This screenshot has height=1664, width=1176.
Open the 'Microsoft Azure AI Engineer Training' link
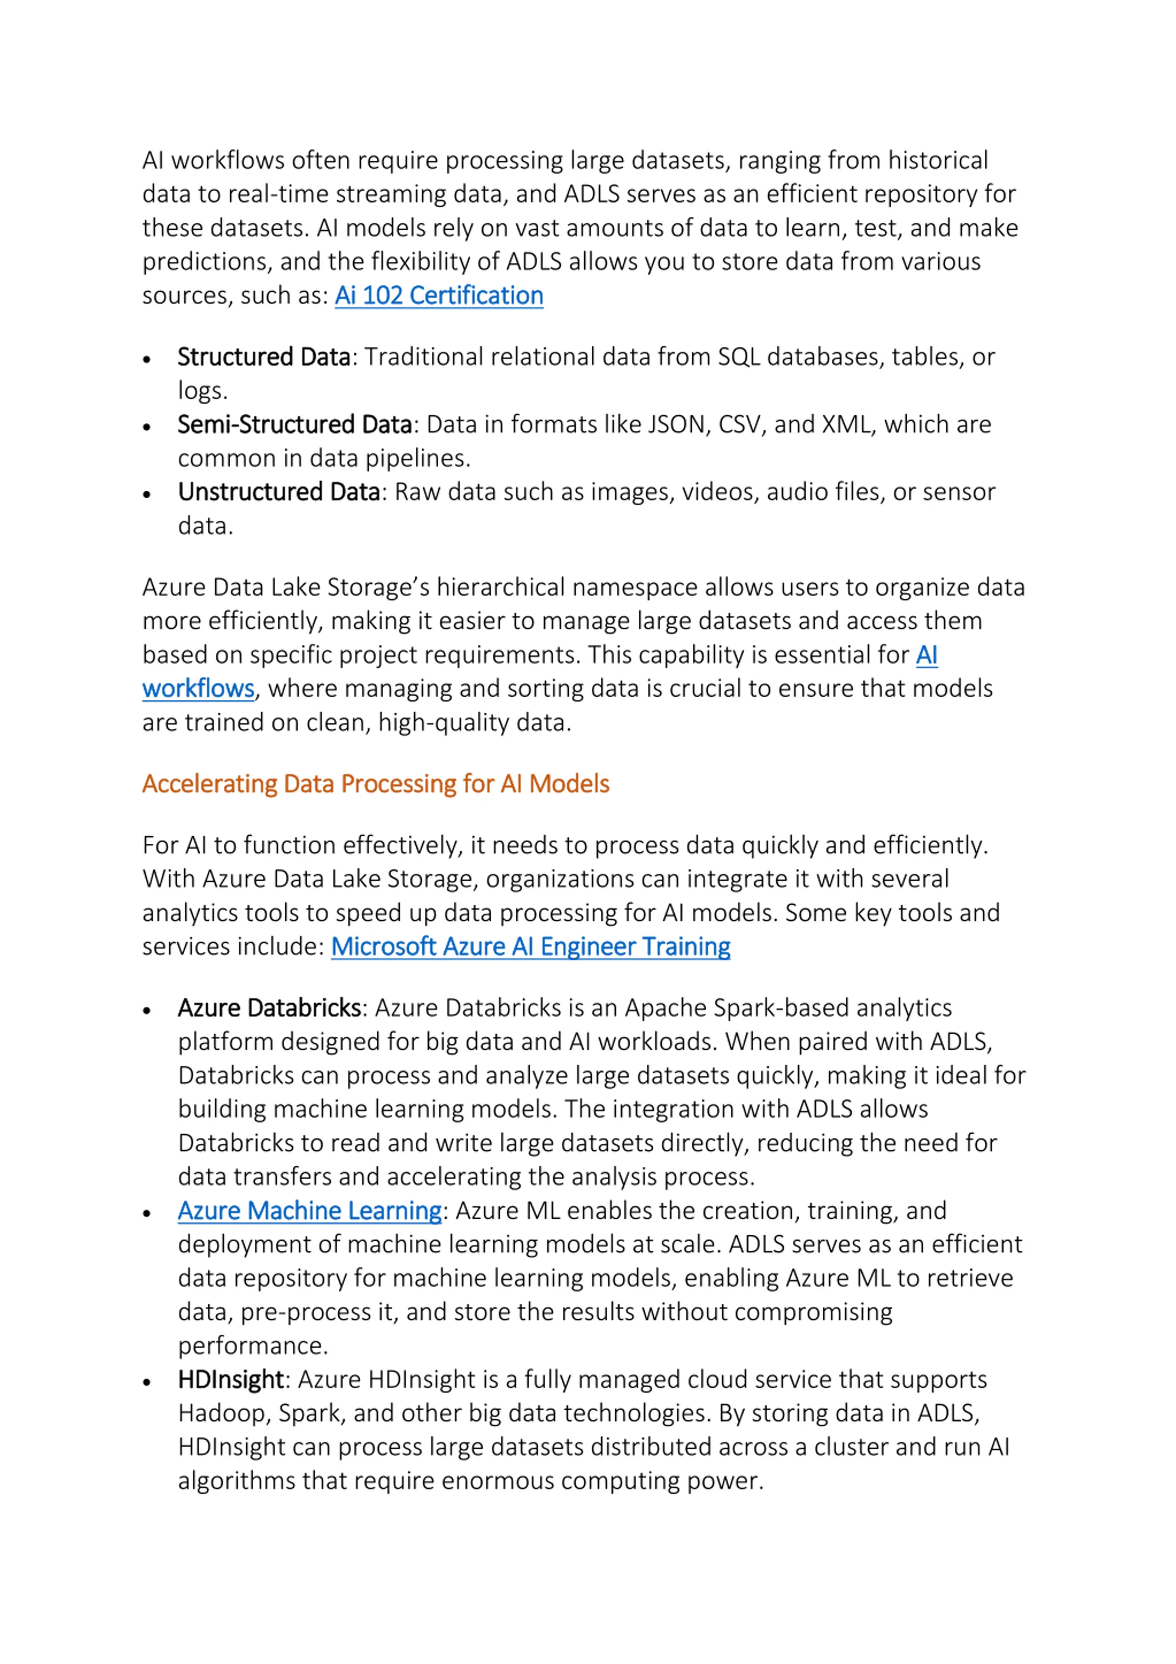pyautogui.click(x=531, y=947)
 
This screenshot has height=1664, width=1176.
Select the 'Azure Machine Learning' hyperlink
pyautogui.click(x=310, y=1211)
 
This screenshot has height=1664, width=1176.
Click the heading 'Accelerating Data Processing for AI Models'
pyautogui.click(x=375, y=784)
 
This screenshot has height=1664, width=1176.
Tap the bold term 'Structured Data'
pyautogui.click(x=264, y=358)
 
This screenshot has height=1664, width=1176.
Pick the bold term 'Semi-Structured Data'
pyautogui.click(x=294, y=425)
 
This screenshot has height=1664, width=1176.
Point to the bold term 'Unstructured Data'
pyautogui.click(x=279, y=492)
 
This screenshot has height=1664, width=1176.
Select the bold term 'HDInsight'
pyautogui.click(x=231, y=1380)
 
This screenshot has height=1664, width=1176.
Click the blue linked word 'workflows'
pyautogui.click(x=198, y=688)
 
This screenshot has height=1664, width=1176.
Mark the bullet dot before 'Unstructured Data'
pyautogui.click(x=147, y=495)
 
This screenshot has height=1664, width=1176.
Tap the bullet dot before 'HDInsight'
pyautogui.click(x=147, y=1383)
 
